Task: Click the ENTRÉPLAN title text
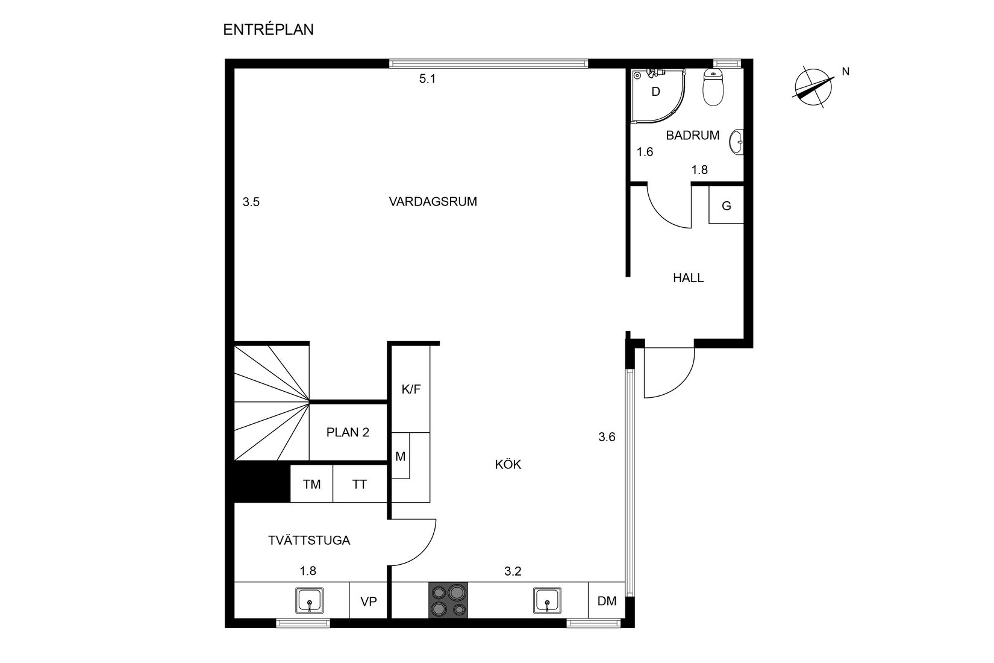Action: pyautogui.click(x=268, y=30)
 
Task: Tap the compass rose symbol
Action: pyautogui.click(x=812, y=89)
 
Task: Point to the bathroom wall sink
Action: pyautogui.click(x=736, y=143)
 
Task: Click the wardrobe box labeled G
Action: pyautogui.click(x=726, y=206)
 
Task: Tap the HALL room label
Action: pyautogui.click(x=688, y=278)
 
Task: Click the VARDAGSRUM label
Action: pyautogui.click(x=433, y=202)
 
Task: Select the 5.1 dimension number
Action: pyautogui.click(x=427, y=78)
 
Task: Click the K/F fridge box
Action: pyautogui.click(x=411, y=389)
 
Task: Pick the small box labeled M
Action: pyautogui.click(x=401, y=456)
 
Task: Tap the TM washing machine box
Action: pyautogui.click(x=311, y=484)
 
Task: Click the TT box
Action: pyautogui.click(x=360, y=484)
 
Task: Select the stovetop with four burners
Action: pyautogui.click(x=448, y=600)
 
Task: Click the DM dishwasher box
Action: pyautogui.click(x=607, y=600)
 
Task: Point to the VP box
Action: pyautogui.click(x=368, y=600)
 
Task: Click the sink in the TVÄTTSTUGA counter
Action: pyautogui.click(x=310, y=600)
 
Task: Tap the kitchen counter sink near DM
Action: pyautogui.click(x=547, y=600)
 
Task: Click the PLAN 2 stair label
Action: pyautogui.click(x=348, y=432)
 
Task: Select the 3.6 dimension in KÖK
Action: pyautogui.click(x=607, y=437)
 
